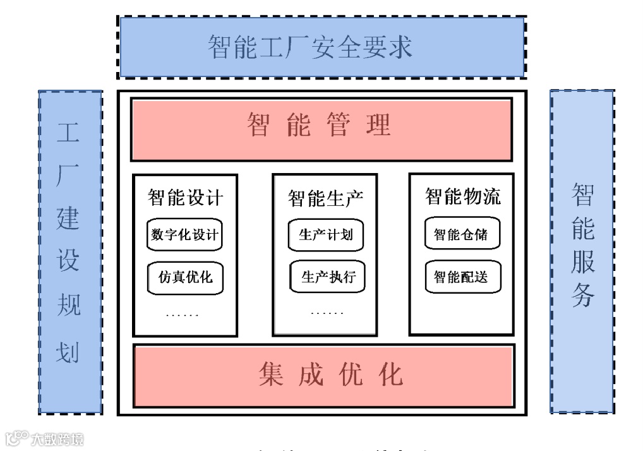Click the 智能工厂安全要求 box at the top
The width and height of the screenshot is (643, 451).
coord(321,47)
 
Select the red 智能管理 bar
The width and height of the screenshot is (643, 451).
coord(321,126)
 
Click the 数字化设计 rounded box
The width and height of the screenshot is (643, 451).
coord(185,235)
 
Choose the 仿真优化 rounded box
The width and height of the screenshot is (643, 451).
coord(185,277)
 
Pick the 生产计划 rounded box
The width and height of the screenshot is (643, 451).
coord(326,235)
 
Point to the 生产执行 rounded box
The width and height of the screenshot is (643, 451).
coord(328,277)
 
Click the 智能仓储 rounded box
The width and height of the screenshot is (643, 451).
coord(460,235)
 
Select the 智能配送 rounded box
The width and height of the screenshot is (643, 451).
coord(460,277)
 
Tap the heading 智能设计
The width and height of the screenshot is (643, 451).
coord(185,197)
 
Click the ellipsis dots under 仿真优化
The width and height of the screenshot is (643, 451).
coord(182,314)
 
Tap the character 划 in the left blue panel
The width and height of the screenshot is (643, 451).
coord(69,351)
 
